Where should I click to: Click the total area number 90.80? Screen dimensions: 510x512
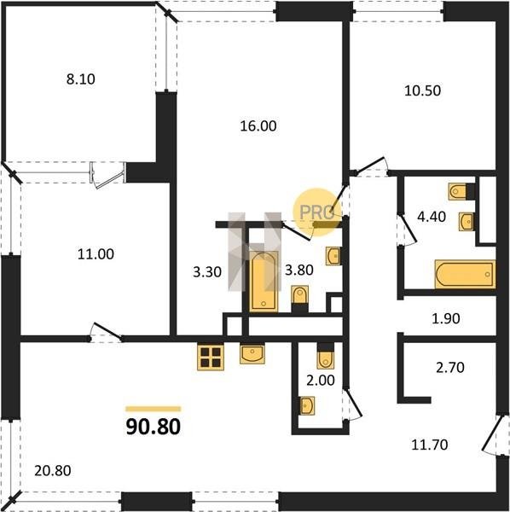point(153,427)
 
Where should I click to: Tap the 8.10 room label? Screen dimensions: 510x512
point(81,79)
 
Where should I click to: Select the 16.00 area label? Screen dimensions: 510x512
point(258,126)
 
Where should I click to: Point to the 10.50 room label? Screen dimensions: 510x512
point(422,90)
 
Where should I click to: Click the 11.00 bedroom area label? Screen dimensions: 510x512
point(96,254)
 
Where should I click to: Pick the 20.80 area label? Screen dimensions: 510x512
point(53,471)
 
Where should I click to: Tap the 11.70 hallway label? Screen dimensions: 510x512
point(429,445)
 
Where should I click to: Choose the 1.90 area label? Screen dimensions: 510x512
point(446,318)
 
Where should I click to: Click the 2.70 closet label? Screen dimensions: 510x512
point(450,368)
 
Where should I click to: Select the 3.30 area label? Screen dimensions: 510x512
point(207,271)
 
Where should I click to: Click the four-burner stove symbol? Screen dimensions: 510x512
point(211,358)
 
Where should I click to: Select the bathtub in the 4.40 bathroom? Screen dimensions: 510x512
point(465,274)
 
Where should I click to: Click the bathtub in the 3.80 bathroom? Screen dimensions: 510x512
point(264,282)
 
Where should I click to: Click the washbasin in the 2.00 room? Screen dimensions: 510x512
point(307,405)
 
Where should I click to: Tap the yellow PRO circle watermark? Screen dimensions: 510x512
point(317,212)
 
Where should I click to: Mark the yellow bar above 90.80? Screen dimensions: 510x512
point(153,409)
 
